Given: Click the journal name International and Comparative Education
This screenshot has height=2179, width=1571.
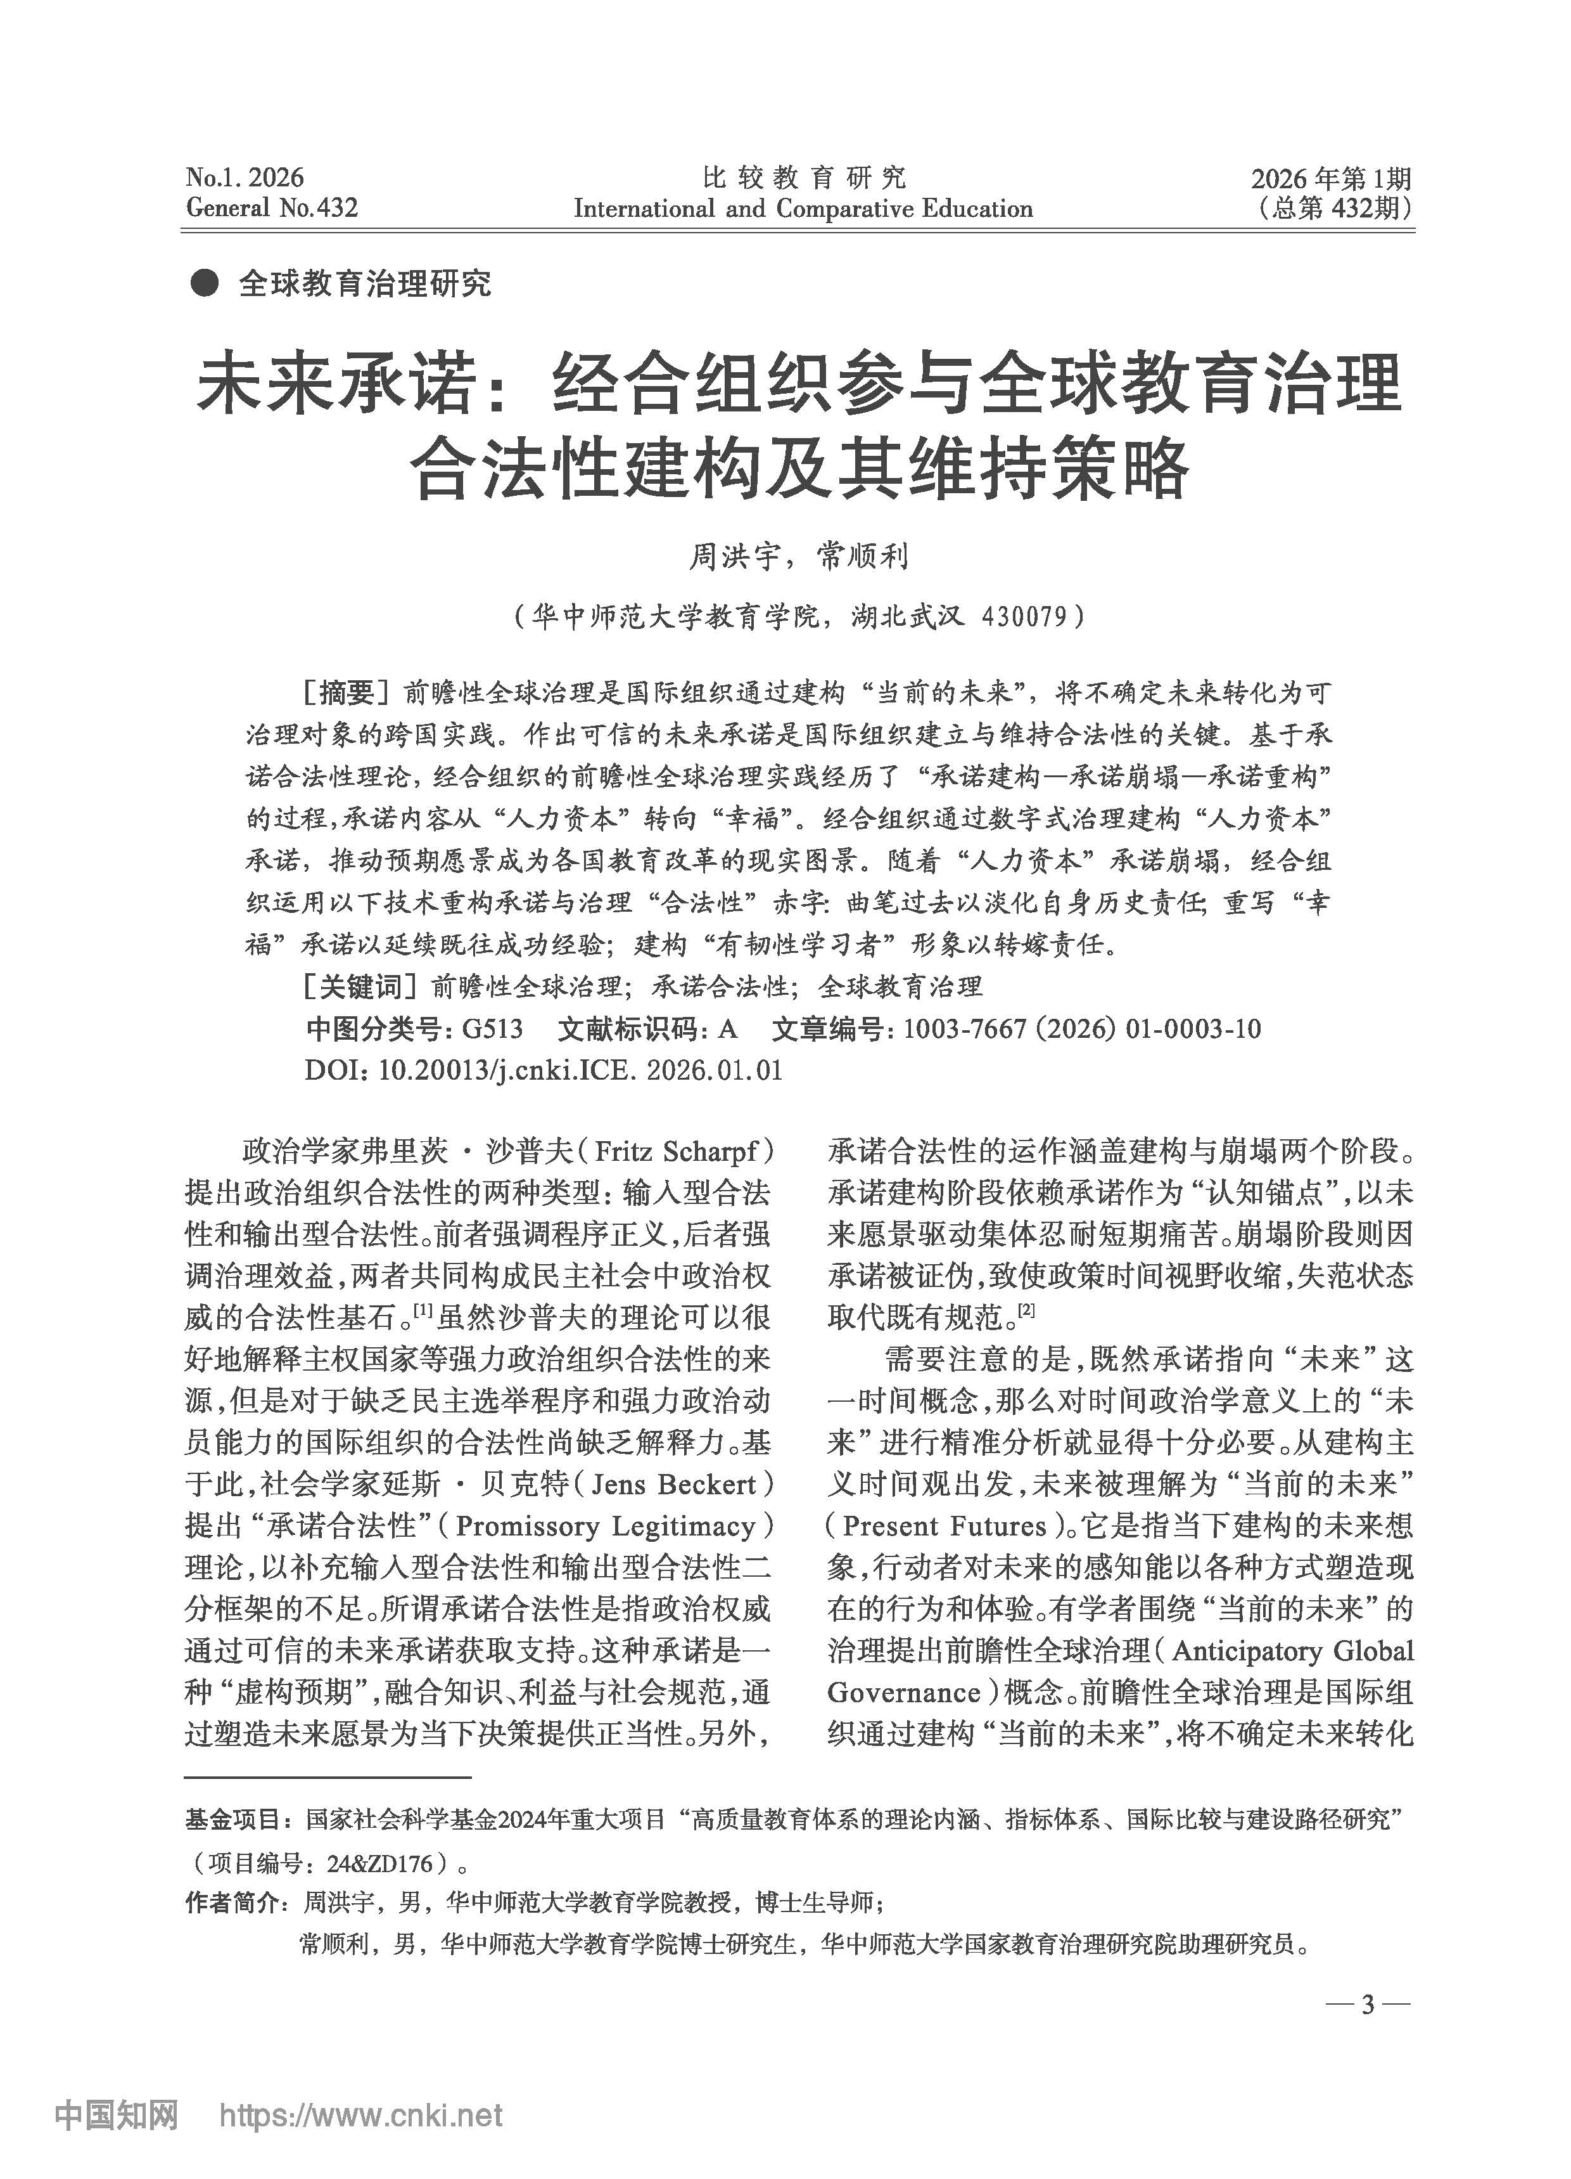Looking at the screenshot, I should coord(803,209).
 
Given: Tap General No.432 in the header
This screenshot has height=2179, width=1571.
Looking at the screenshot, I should coord(272,209).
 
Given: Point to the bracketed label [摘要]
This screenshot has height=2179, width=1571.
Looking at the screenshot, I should coord(347,693).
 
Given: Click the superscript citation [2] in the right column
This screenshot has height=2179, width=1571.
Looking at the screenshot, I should coord(1026,1309).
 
